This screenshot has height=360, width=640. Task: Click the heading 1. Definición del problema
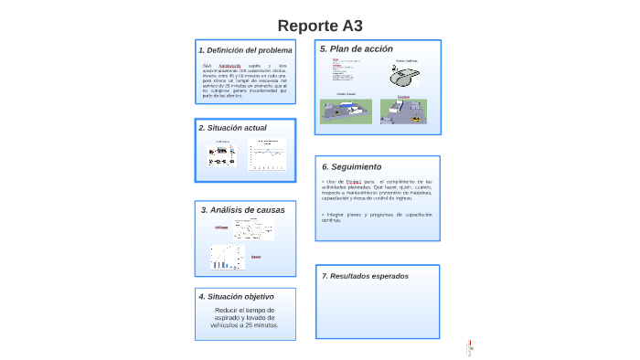point(245,50)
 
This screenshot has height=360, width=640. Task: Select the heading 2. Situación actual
point(233,128)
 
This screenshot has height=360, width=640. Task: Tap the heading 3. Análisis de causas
point(242,210)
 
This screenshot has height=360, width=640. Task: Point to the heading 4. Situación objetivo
point(236,296)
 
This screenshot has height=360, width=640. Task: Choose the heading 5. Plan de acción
point(357,48)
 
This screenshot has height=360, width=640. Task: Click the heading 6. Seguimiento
point(352,166)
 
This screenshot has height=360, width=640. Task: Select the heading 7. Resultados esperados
point(366,276)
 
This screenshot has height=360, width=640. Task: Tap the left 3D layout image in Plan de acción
point(346,110)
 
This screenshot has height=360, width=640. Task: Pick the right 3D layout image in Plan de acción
point(403,111)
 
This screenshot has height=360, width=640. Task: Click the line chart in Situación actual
point(270,154)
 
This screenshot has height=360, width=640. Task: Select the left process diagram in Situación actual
point(222,155)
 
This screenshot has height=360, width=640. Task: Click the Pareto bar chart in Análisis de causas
point(226,257)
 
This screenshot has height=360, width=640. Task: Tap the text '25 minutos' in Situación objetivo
point(260,325)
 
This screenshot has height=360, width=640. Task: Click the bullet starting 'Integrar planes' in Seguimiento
point(376,217)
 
